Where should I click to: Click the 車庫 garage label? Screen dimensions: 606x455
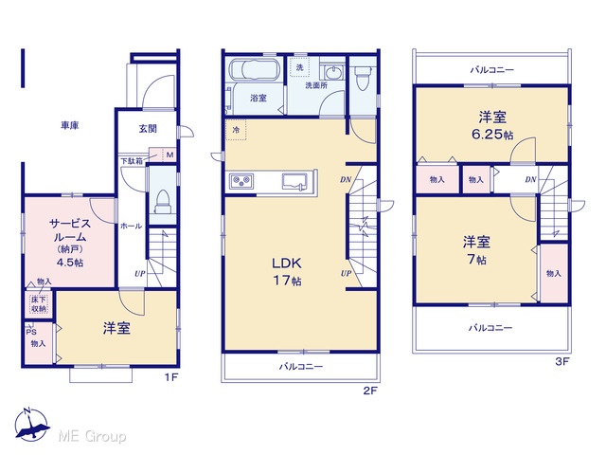pyautogui.click(x=70, y=125)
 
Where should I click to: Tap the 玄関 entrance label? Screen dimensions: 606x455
pyautogui.click(x=148, y=129)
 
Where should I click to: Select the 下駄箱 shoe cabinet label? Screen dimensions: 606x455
pyautogui.click(x=132, y=160)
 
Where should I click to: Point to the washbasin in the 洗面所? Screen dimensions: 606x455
pyautogui.click(x=331, y=72)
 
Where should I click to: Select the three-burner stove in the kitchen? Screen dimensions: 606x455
pyautogui.click(x=241, y=181)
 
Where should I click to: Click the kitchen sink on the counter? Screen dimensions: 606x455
pyautogui.click(x=294, y=181)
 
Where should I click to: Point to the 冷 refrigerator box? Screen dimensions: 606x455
pyautogui.click(x=236, y=130)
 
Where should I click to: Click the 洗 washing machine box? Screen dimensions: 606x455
pyautogui.click(x=299, y=67)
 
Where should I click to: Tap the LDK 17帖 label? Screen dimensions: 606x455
pyautogui.click(x=287, y=271)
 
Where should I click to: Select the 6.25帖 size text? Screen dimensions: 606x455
pyautogui.click(x=492, y=135)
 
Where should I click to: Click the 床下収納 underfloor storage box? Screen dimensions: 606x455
pyautogui.click(x=39, y=304)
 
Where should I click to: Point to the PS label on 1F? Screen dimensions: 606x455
pyautogui.click(x=31, y=332)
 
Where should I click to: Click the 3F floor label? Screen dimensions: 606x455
pyautogui.click(x=562, y=362)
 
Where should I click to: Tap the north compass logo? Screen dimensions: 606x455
pyautogui.click(x=31, y=425)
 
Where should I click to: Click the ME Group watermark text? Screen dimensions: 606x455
pyautogui.click(x=92, y=437)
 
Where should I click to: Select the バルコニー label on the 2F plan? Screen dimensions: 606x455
pyautogui.click(x=301, y=366)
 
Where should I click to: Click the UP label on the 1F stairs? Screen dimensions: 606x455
pyautogui.click(x=140, y=274)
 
